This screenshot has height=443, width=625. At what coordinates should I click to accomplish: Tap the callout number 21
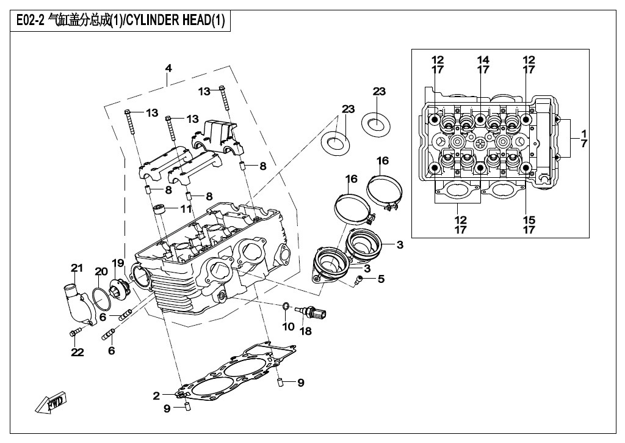point(76,268)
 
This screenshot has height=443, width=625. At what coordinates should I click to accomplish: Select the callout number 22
point(77,352)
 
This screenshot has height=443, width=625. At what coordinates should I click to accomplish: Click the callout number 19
point(117,263)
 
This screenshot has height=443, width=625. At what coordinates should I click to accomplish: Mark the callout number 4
point(168,68)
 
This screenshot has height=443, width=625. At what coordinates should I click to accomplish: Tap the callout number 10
point(288,327)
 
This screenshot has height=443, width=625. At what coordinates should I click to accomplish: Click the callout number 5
point(381,279)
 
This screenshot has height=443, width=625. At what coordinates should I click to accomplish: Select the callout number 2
point(156,396)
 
